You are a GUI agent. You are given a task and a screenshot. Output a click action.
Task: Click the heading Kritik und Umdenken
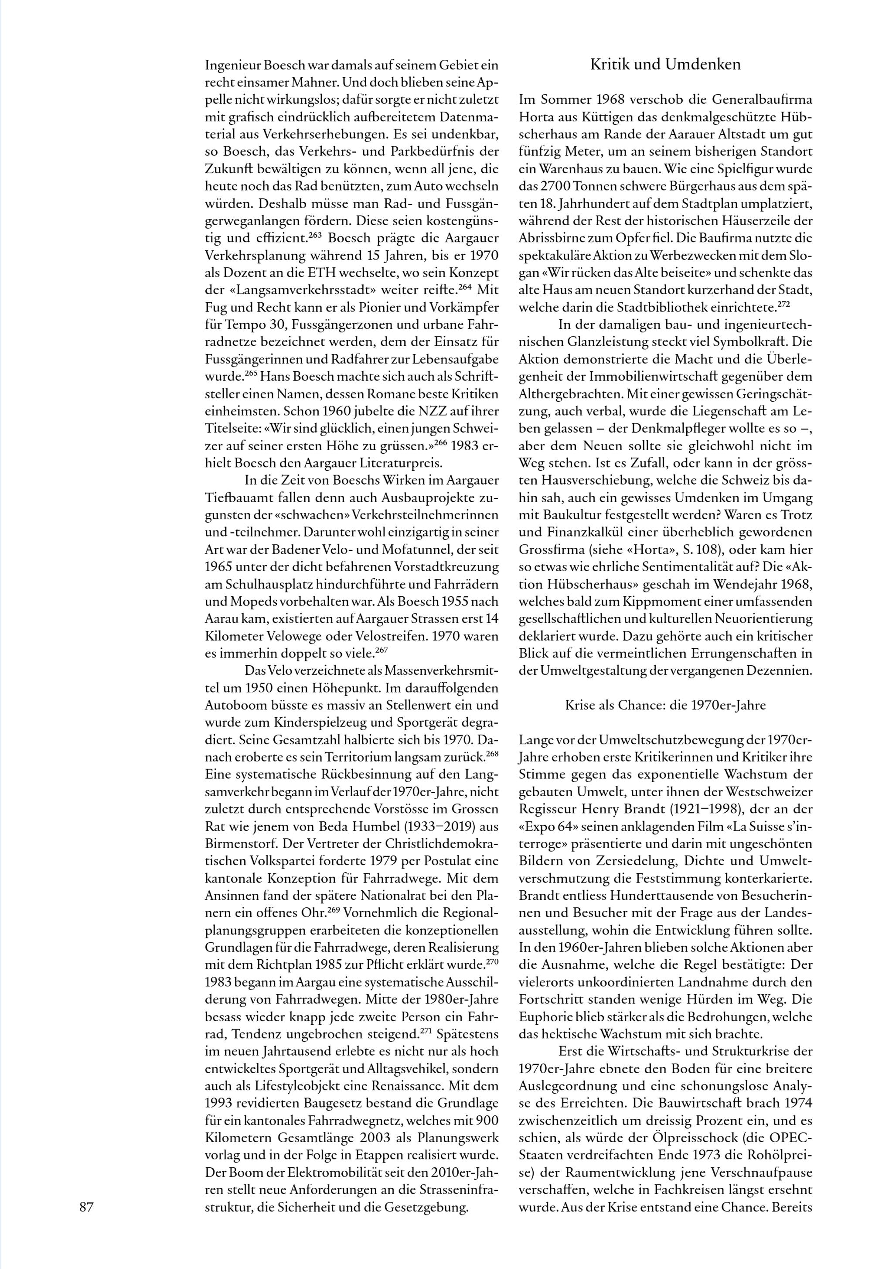(x=665, y=65)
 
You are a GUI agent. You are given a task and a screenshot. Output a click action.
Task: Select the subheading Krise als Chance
(x=665, y=705)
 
